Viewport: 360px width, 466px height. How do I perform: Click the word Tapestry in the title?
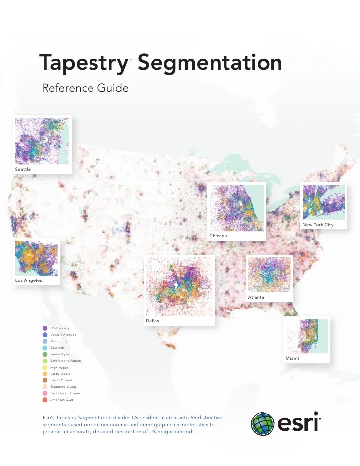coord(84,63)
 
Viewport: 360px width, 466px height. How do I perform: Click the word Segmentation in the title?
coord(210,63)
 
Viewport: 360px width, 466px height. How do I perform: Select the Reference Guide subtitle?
coord(85,88)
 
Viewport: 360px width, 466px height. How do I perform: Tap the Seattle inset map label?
coord(23,169)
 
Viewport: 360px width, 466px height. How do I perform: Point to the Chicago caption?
coord(218,236)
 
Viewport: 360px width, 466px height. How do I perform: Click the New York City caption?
coord(317,225)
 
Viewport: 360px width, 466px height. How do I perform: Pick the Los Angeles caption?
coord(28,280)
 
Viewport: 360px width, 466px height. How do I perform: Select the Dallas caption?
coord(152,321)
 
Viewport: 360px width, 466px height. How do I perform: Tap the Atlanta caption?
coord(256,297)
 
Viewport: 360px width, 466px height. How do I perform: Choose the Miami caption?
coord(292,358)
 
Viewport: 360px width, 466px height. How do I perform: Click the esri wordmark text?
coord(297,424)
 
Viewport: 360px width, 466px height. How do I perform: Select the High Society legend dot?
coord(45,328)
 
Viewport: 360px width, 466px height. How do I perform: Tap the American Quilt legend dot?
coord(45,399)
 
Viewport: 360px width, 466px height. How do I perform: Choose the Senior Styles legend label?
coord(60,354)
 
